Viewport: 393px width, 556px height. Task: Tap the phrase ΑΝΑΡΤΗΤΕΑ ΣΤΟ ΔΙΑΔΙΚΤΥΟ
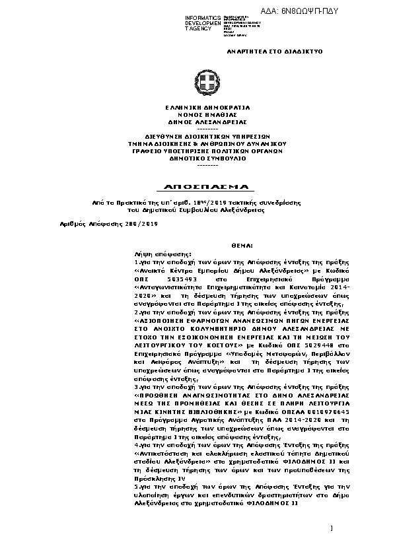263,50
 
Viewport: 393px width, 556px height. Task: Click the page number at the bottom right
331,528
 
